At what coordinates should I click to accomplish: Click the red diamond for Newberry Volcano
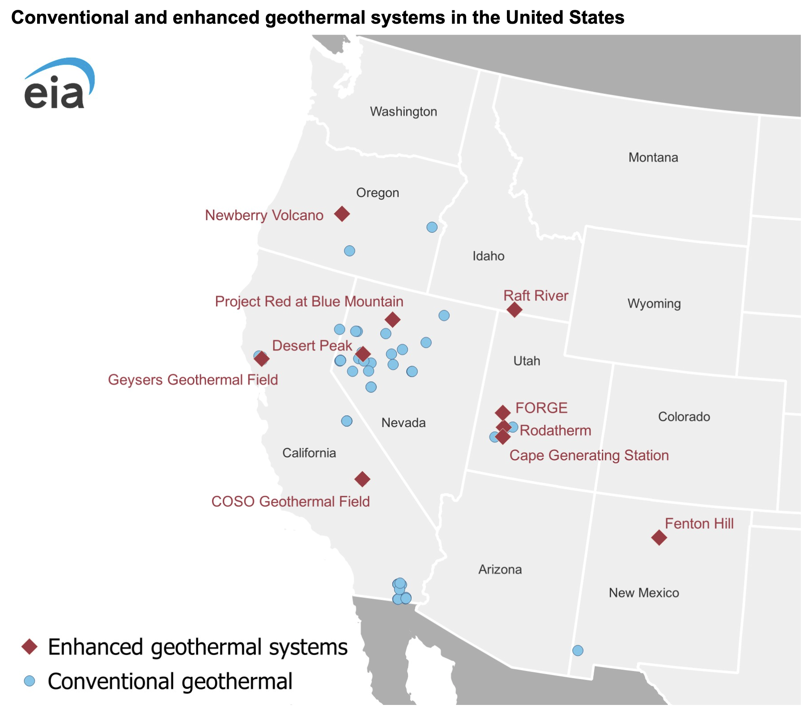pyautogui.click(x=342, y=214)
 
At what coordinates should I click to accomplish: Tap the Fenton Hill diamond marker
pyautogui.click(x=659, y=537)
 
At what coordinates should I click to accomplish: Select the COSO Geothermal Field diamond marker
pyautogui.click(x=362, y=479)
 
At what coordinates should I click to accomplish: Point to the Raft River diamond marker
pyautogui.click(x=514, y=309)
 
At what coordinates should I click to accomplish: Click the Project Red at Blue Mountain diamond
pyautogui.click(x=392, y=320)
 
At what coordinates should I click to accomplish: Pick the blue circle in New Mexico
pyautogui.click(x=578, y=650)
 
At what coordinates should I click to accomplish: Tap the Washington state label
pyautogui.click(x=403, y=111)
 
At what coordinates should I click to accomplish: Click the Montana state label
pyautogui.click(x=653, y=158)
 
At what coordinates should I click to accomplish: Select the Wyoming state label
pyautogui.click(x=654, y=303)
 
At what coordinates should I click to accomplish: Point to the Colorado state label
pyautogui.click(x=684, y=417)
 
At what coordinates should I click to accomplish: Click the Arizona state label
pyautogui.click(x=500, y=569)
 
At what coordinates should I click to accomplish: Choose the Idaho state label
pyautogui.click(x=488, y=256)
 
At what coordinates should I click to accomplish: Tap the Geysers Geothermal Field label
pyautogui.click(x=193, y=380)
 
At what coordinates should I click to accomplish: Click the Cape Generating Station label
pyautogui.click(x=589, y=456)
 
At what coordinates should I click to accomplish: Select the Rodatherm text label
pyautogui.click(x=555, y=431)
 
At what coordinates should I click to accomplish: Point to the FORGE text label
pyautogui.click(x=541, y=408)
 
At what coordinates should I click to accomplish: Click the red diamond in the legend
pyautogui.click(x=30, y=647)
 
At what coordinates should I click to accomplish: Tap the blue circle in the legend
pyautogui.click(x=30, y=681)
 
